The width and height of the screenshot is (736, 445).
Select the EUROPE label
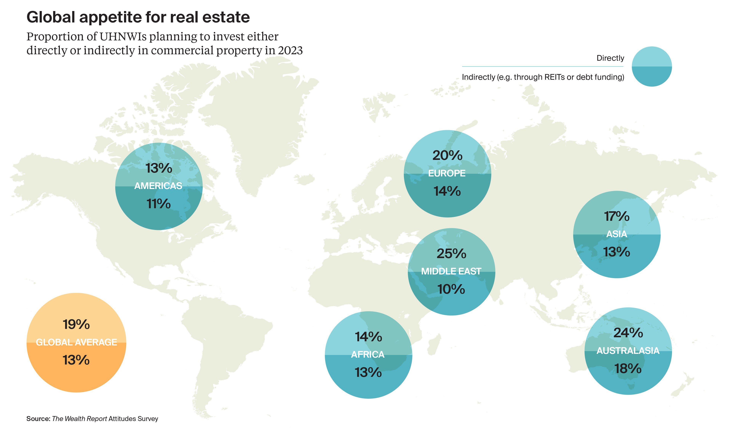click(447, 173)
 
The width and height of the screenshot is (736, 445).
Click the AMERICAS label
click(158, 186)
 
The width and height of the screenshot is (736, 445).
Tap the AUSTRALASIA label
click(628, 350)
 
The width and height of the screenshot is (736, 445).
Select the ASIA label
click(617, 234)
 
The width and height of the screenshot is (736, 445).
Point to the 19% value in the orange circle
click(76, 324)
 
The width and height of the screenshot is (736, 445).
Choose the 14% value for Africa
click(368, 337)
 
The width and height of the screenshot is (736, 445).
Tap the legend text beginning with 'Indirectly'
click(543, 77)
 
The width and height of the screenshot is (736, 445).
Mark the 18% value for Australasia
click(628, 369)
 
